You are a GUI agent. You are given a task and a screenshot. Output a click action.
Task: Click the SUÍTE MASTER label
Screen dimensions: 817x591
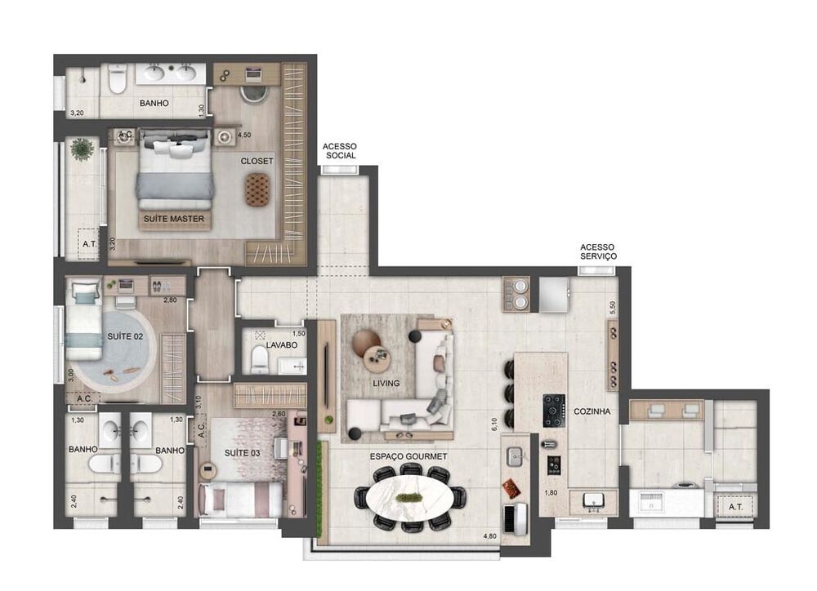pos(173,219)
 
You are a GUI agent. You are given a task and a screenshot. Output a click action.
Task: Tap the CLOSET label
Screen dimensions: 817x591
pos(257,161)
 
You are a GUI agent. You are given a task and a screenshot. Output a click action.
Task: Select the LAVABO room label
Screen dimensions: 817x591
pos(281,344)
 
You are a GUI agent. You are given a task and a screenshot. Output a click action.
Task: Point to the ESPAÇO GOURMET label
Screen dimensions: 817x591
pos(408,456)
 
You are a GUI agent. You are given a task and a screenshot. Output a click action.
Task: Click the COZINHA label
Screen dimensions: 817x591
pos(592,411)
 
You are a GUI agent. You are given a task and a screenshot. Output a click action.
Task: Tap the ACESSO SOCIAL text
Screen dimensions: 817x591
pos(340,151)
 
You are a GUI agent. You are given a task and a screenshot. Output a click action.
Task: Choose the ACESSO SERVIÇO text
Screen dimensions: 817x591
pos(598,251)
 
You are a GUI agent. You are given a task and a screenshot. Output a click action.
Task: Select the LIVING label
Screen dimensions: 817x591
pos(386,383)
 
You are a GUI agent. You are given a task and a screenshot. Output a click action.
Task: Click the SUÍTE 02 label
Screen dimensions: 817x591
pos(125,336)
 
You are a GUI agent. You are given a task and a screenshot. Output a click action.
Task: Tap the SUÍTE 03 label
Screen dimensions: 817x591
pos(243,453)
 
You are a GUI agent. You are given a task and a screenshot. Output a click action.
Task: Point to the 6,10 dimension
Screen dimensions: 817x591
pos(494,424)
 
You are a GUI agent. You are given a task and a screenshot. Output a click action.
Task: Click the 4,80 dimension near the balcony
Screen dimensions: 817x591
pos(489,535)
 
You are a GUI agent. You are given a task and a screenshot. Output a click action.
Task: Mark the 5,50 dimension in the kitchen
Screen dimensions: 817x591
pos(613,308)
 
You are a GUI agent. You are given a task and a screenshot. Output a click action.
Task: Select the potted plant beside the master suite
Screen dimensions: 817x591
pos(82,149)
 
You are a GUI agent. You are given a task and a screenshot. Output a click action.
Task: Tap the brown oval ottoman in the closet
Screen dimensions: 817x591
pos(257,189)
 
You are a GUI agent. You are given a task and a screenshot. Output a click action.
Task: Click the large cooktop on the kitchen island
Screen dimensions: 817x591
pos(555,411)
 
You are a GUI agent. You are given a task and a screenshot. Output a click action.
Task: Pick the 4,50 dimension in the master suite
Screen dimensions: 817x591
pos(243,135)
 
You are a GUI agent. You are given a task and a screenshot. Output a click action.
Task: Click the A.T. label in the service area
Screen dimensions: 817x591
pos(736,507)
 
